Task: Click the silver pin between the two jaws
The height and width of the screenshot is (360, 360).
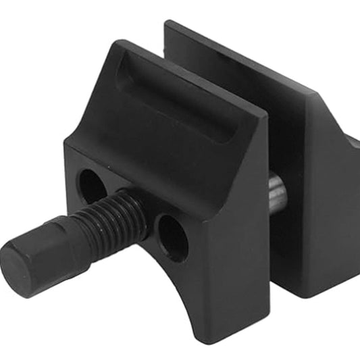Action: (x=277, y=190)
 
